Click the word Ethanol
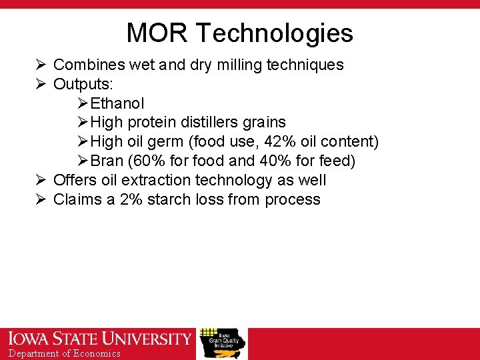pyautogui.click(x=117, y=103)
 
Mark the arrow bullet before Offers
pyautogui.click(x=41, y=180)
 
